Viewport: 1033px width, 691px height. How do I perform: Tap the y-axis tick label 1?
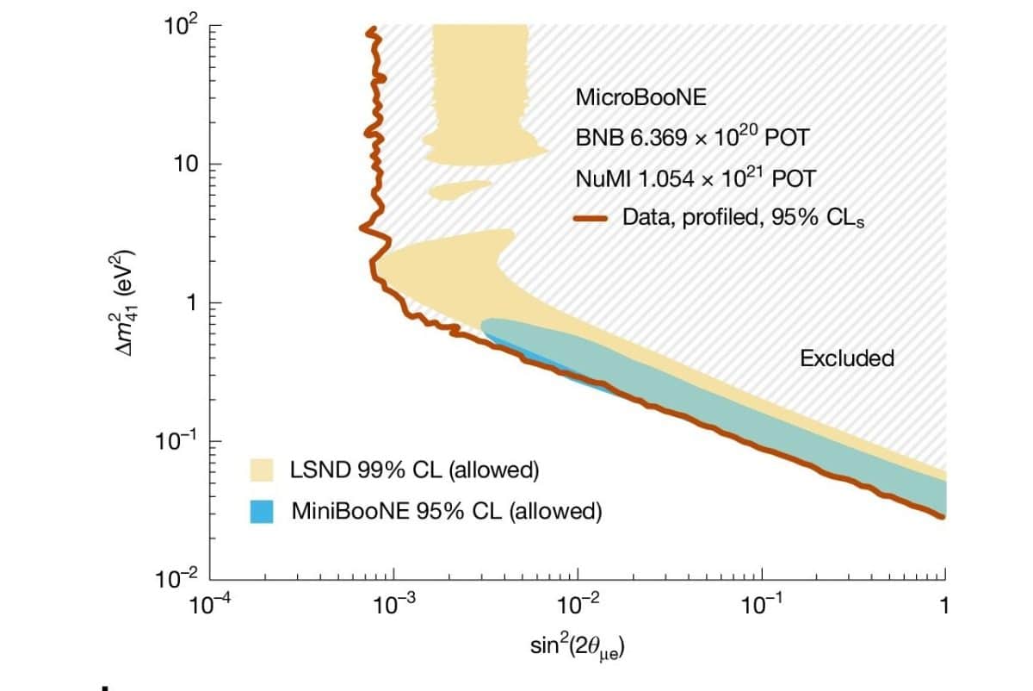click(194, 302)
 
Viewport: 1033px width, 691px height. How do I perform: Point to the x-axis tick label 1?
click(945, 606)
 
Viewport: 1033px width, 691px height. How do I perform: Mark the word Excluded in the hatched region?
click(847, 358)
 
